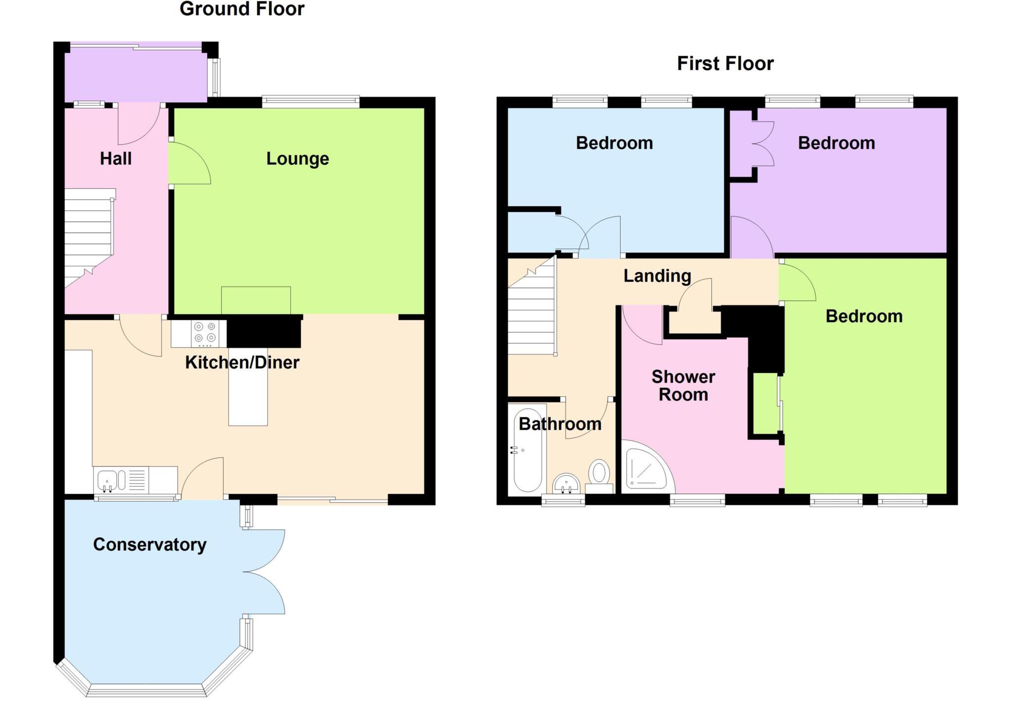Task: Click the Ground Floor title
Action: pos(242,9)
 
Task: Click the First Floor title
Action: pos(725,64)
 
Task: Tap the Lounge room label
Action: pos(297,159)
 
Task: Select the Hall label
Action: pos(116,159)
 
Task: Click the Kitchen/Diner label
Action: pos(242,363)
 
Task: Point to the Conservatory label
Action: pos(150,545)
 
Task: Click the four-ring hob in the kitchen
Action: pos(205,333)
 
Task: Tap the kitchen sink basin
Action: pos(107,480)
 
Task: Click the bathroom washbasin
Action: pos(566,482)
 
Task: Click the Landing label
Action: pos(657,276)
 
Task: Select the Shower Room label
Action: pos(683,386)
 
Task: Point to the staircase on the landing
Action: pos(531,316)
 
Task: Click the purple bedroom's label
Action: pos(836,143)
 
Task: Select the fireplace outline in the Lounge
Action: pos(256,300)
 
